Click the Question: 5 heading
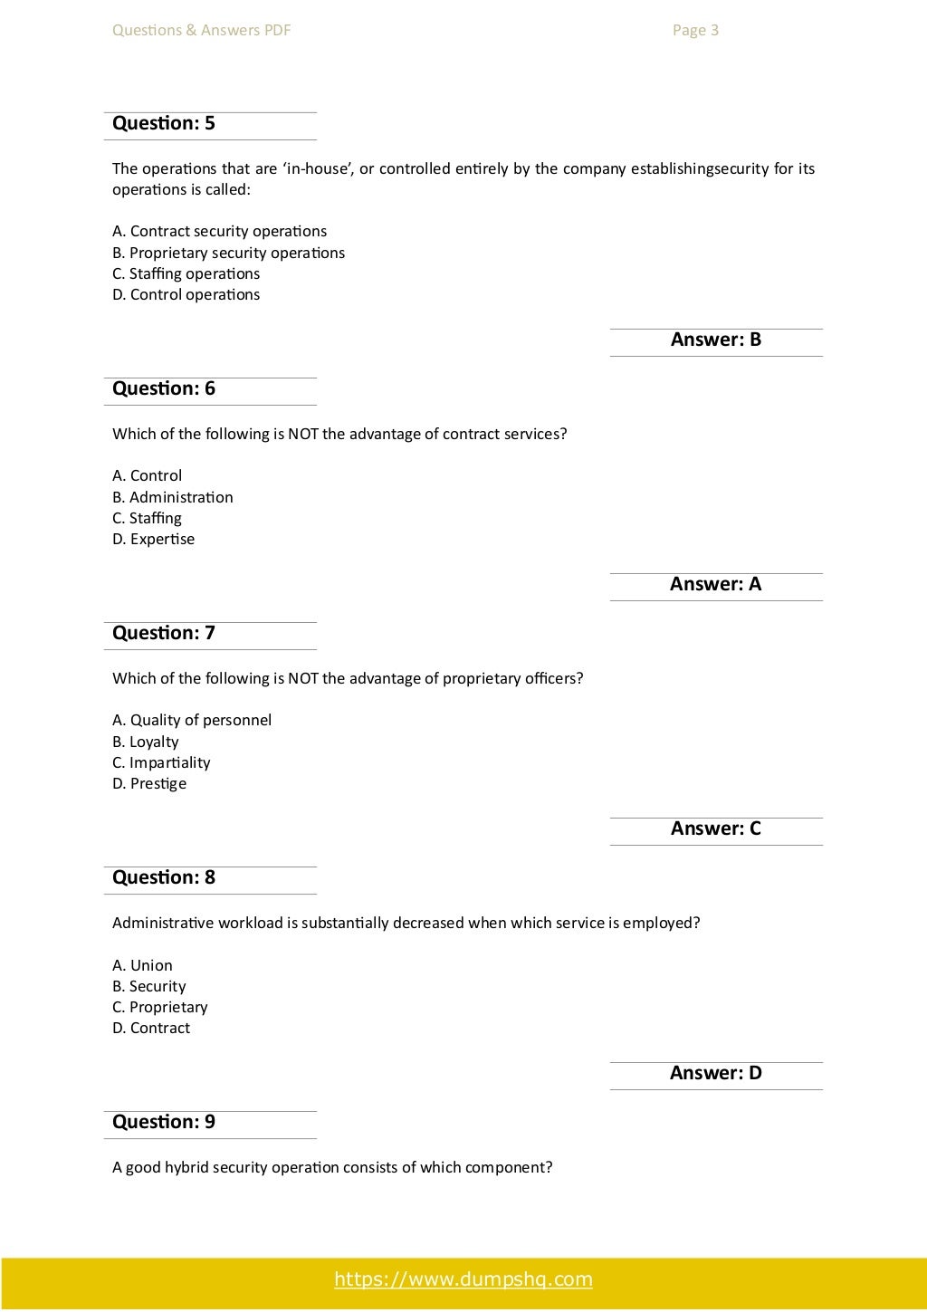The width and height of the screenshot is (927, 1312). (164, 123)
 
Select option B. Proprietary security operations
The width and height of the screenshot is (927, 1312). (228, 253)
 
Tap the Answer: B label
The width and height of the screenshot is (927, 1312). (715, 340)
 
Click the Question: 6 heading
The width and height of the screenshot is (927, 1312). (164, 388)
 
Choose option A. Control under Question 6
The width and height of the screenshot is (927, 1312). (147, 475)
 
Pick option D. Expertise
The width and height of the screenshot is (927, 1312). (153, 539)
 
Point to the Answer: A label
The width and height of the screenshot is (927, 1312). (715, 584)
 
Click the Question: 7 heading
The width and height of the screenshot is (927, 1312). (164, 633)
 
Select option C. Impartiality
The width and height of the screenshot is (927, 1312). (161, 762)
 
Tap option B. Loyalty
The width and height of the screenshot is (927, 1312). (146, 742)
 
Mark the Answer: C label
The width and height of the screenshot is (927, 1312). (715, 828)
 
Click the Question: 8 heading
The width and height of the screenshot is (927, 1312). (164, 877)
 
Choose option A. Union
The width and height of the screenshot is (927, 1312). (142, 965)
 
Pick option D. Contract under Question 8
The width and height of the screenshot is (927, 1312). (151, 1028)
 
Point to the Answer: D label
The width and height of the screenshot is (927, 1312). (715, 1073)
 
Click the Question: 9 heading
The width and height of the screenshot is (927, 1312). (164, 1122)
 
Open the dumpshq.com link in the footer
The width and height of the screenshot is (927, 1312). (463, 1279)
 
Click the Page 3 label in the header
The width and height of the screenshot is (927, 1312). (695, 31)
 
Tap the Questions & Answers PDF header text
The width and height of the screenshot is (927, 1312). (201, 31)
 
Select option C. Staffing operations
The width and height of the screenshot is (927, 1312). (186, 273)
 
